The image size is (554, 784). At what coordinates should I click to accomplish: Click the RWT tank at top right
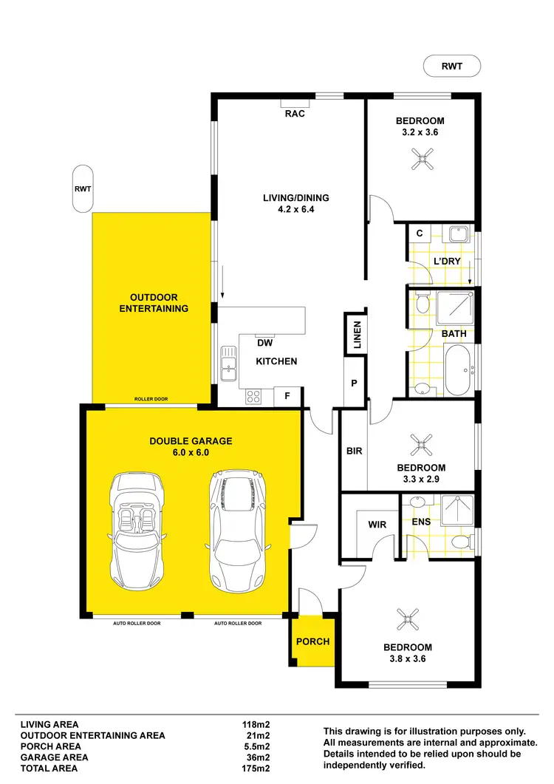point(451,66)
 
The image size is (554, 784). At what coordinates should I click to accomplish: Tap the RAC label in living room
point(295,114)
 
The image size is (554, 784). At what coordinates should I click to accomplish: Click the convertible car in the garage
point(137,530)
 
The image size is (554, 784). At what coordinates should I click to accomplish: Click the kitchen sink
point(228,364)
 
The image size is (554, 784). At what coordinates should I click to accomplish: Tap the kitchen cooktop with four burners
point(253,396)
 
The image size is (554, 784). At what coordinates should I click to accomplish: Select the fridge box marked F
point(287,396)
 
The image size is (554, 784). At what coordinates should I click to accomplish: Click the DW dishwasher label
point(265,343)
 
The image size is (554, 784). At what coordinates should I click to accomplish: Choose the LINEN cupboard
point(356,335)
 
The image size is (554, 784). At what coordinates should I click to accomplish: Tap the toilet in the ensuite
point(461,543)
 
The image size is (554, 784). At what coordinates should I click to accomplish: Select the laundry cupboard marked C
point(419,234)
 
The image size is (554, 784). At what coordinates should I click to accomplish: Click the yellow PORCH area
point(312,641)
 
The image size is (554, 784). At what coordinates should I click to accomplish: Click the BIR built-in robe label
point(355,451)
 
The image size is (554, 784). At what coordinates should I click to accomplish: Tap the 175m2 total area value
point(251,768)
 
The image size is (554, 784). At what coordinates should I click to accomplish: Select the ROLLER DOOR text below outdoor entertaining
point(151,399)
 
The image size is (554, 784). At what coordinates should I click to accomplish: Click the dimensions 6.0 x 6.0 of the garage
point(191,452)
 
